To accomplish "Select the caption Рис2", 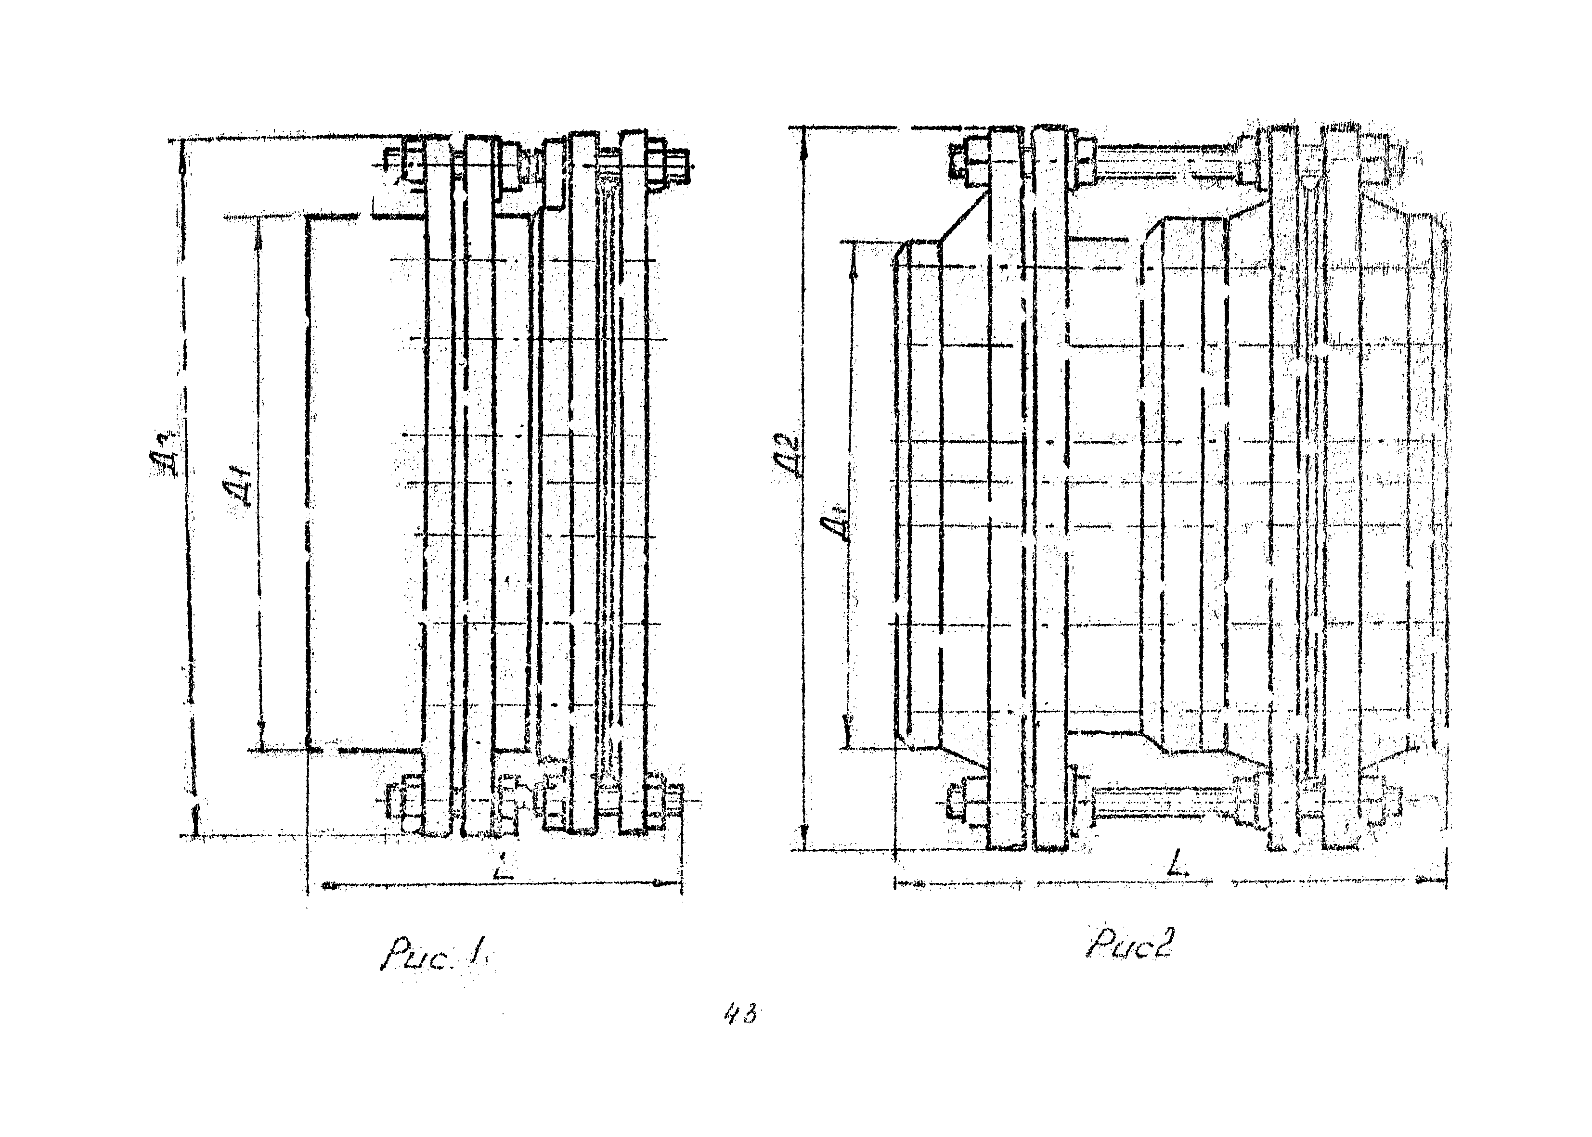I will click(1128, 945).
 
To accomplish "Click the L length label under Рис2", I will click(1181, 869).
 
